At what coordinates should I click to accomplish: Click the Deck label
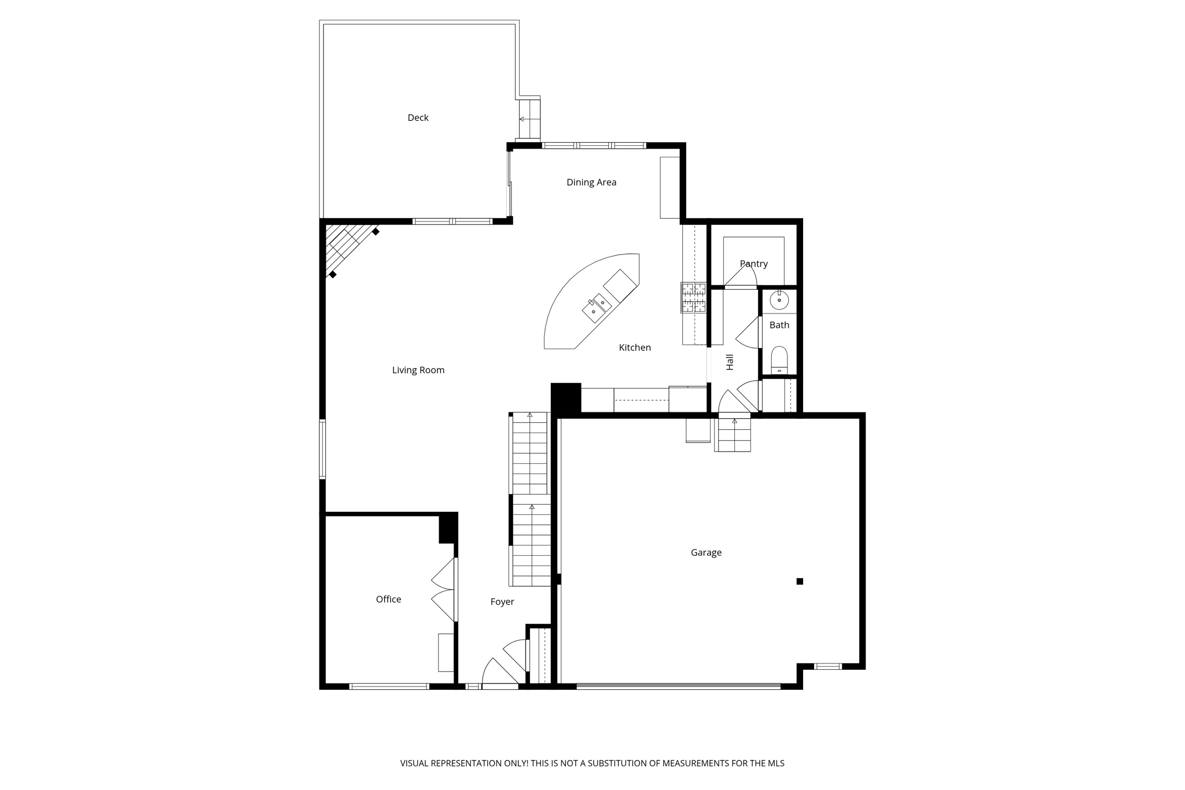tap(418, 118)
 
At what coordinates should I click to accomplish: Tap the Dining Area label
tap(591, 183)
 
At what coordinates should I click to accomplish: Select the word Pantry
tap(753, 264)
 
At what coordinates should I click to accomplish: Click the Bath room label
tap(779, 325)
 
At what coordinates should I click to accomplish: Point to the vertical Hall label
tap(730, 362)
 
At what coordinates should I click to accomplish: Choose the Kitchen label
tap(635, 348)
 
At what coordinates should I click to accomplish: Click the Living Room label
tap(418, 370)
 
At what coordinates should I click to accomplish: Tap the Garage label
tap(706, 553)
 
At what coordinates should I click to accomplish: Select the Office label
tap(388, 600)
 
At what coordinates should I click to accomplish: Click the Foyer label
tap(502, 602)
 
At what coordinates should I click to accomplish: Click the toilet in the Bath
tap(779, 360)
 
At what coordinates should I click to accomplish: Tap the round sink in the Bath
tap(779, 300)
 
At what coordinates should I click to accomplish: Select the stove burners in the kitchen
tap(693, 297)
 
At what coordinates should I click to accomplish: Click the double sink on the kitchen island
tap(597, 307)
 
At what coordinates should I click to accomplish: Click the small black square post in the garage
tap(800, 581)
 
